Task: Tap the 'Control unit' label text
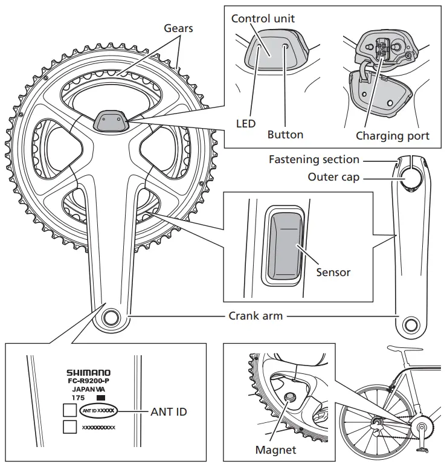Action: [x=263, y=19]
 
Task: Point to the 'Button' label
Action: [x=285, y=134]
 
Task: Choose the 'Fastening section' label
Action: [x=314, y=160]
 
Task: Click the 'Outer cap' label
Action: [x=333, y=177]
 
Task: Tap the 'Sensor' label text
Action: [x=333, y=272]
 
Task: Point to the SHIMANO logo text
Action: [x=88, y=374]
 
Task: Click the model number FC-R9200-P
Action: [x=88, y=382]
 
